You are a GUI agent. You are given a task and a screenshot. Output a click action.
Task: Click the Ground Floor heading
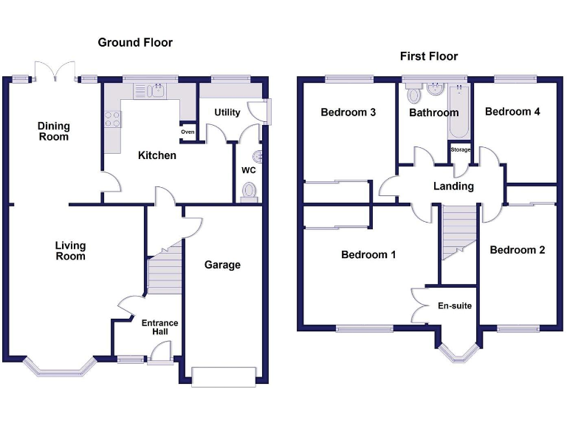pos(135,42)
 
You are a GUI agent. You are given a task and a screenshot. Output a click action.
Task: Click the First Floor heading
pos(428,56)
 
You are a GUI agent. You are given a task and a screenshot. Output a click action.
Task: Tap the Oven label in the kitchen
pos(188,132)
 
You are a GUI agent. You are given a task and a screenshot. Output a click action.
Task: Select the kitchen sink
pos(156,91)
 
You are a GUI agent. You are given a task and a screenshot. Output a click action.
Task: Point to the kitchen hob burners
pos(112,119)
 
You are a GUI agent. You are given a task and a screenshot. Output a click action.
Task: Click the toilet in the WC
pos(250,192)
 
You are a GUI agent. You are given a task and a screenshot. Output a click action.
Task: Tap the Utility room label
pos(227,112)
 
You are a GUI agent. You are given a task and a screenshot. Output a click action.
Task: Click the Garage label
pos(222,265)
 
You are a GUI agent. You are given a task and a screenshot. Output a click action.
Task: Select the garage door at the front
pos(224,376)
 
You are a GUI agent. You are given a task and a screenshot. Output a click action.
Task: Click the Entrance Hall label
pos(159,328)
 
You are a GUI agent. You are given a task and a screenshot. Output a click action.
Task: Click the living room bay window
pos(60,366)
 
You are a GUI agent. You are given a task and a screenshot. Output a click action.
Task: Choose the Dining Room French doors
pos(56,72)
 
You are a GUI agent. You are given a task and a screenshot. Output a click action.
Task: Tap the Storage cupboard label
pos(461,150)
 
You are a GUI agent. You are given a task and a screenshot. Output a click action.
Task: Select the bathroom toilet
pos(413,94)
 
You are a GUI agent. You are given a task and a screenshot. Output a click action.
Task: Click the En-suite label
pos(454,305)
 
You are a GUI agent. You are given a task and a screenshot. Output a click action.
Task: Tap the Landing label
pos(453,186)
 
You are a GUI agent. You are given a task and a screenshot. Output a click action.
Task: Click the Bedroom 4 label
pos(512,112)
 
